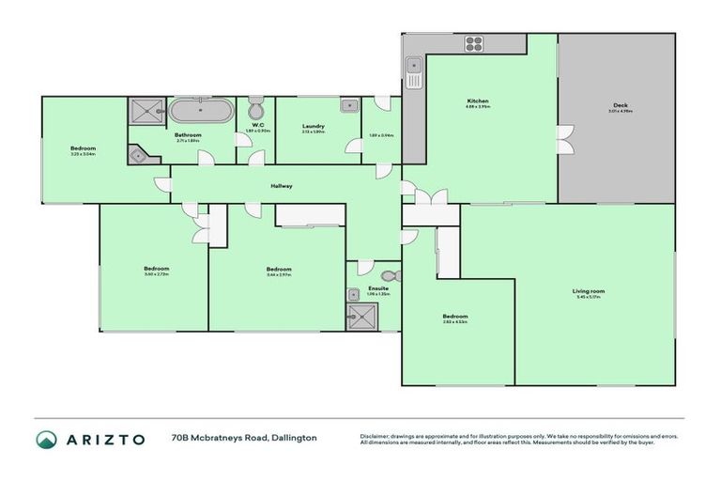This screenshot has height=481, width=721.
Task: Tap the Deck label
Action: click(620, 105)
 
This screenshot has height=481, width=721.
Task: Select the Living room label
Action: click(589, 291)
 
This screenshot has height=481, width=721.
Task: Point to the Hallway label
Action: click(282, 186)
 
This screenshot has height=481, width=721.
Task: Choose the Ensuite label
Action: click(378, 288)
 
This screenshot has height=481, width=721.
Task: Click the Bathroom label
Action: click(188, 135)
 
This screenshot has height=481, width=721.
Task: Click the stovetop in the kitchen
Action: click(473, 43)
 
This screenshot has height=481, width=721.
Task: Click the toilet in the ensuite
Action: click(392, 276)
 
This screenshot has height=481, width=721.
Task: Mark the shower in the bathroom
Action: click(145, 112)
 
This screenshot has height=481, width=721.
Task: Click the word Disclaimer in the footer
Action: click(376, 436)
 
